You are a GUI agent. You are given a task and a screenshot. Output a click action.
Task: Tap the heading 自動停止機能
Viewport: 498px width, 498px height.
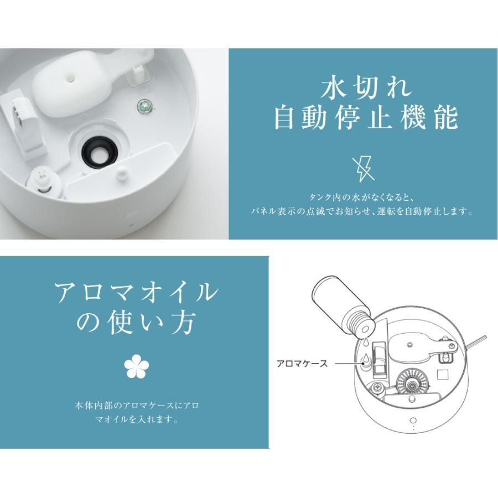(366, 117)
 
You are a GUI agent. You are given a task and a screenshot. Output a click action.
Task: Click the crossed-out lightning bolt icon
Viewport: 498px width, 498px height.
(363, 169)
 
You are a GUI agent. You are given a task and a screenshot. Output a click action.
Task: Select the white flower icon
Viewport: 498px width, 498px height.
(136, 367)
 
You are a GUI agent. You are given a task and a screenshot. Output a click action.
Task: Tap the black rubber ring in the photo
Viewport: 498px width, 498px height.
(100, 152)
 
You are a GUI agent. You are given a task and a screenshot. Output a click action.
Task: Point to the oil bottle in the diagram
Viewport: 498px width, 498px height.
(343, 307)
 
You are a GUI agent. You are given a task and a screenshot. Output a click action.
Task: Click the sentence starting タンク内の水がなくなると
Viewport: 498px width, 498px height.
(361, 198)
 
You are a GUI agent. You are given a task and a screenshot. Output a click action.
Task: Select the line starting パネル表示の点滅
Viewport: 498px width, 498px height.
(361, 211)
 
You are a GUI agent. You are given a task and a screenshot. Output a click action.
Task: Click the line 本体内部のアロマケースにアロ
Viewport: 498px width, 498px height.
(137, 406)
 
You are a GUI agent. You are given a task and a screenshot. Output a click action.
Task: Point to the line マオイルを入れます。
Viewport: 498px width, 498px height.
(137, 419)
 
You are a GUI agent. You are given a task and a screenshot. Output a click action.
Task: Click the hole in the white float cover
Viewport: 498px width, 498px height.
(70, 77)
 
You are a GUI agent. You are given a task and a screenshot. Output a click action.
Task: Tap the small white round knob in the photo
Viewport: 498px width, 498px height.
(122, 173)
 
